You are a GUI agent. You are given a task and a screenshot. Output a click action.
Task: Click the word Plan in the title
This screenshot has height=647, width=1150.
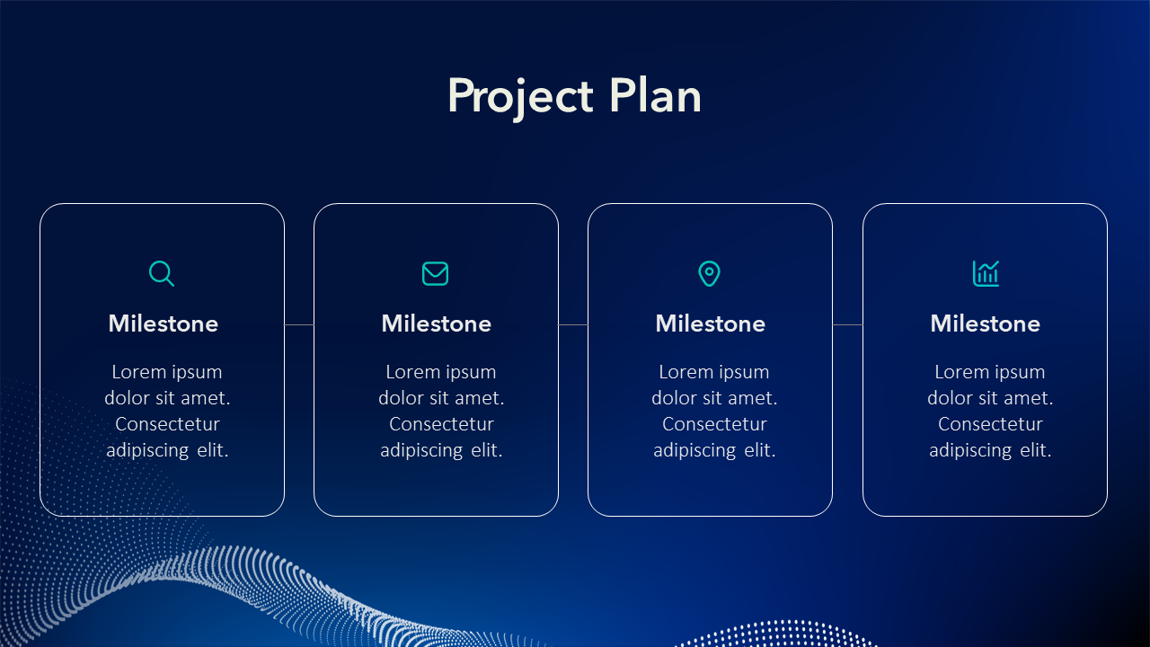tap(656, 95)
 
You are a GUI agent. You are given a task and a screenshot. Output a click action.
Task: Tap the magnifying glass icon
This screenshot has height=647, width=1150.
tap(161, 273)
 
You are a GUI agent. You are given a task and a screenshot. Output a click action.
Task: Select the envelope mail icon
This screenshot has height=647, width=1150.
tap(436, 273)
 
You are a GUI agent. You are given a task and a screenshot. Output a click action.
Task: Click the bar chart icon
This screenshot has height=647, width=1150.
tap(986, 273)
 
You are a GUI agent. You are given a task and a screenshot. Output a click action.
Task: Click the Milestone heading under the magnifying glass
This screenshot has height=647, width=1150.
tap(164, 323)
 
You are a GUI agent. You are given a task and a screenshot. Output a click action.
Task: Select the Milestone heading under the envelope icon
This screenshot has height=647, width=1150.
tap(437, 323)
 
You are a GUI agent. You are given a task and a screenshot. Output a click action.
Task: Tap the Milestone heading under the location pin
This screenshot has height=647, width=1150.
tap(711, 323)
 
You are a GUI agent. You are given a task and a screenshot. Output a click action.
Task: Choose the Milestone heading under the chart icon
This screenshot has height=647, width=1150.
tap(986, 323)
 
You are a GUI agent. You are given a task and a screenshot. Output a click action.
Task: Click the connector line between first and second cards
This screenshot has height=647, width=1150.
tap(299, 324)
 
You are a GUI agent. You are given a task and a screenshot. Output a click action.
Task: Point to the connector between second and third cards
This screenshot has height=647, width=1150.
tap(573, 324)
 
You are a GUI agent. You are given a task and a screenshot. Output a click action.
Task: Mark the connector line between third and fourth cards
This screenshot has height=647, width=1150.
tap(847, 324)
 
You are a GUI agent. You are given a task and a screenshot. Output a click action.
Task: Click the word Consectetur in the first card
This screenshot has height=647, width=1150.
tap(167, 424)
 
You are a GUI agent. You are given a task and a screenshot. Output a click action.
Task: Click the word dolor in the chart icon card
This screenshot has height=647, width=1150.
tap(950, 398)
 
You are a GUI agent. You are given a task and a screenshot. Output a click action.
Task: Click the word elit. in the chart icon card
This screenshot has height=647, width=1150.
tap(1036, 450)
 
